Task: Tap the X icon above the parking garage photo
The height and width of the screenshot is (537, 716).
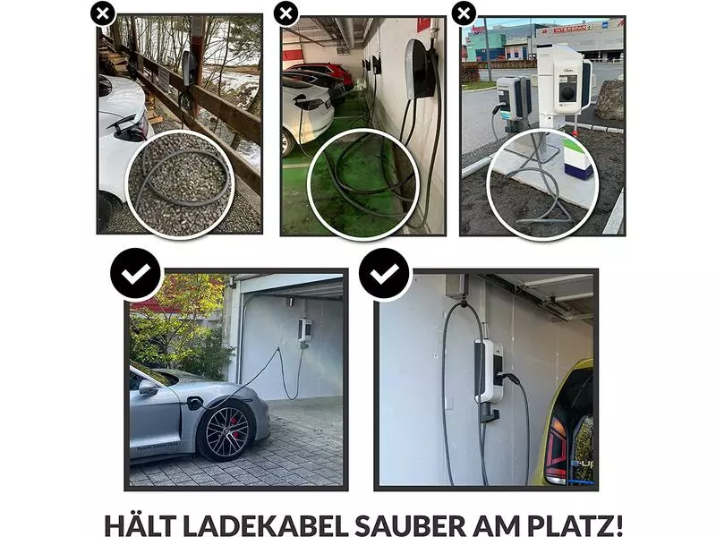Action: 286,13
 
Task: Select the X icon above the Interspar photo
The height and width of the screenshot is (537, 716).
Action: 463,13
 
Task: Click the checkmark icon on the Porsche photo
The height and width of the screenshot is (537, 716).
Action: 135,274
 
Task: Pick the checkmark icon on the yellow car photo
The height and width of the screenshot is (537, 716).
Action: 385,274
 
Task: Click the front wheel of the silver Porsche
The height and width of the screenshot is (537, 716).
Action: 226,434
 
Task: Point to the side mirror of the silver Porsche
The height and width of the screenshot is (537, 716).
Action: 148,388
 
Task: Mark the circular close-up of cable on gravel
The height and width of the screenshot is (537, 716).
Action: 178,183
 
